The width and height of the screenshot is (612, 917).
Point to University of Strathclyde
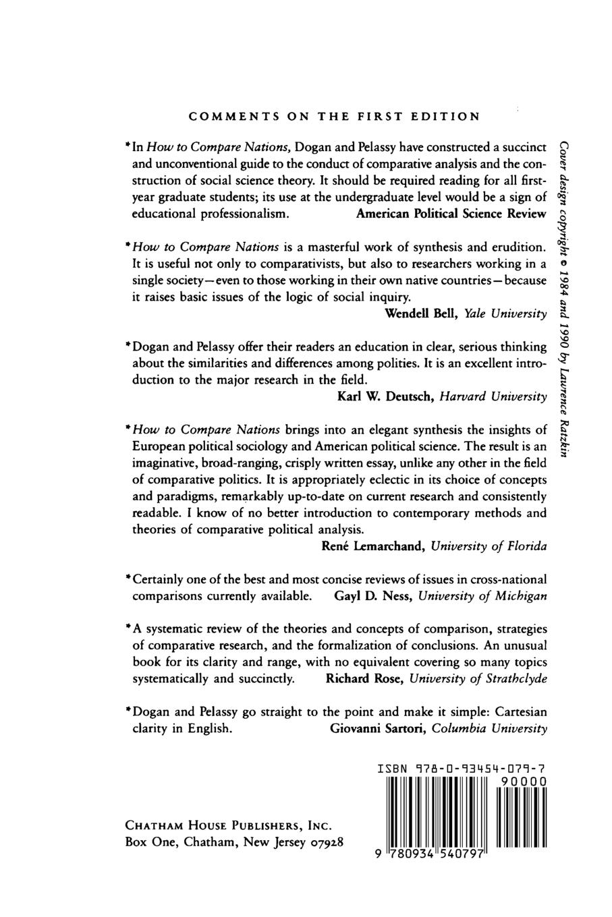tap(480, 679)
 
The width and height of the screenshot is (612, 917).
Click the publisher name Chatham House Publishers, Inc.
tap(230, 826)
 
